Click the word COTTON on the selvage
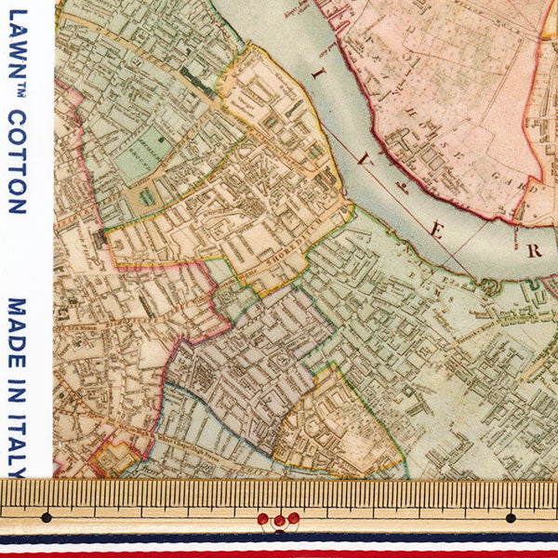[16, 164]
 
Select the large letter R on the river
[534, 250]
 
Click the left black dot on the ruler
[46, 517]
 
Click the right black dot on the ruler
[510, 517]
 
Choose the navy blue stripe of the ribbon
[279, 537]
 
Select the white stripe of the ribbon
[279, 546]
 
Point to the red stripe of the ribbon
[279, 554]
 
